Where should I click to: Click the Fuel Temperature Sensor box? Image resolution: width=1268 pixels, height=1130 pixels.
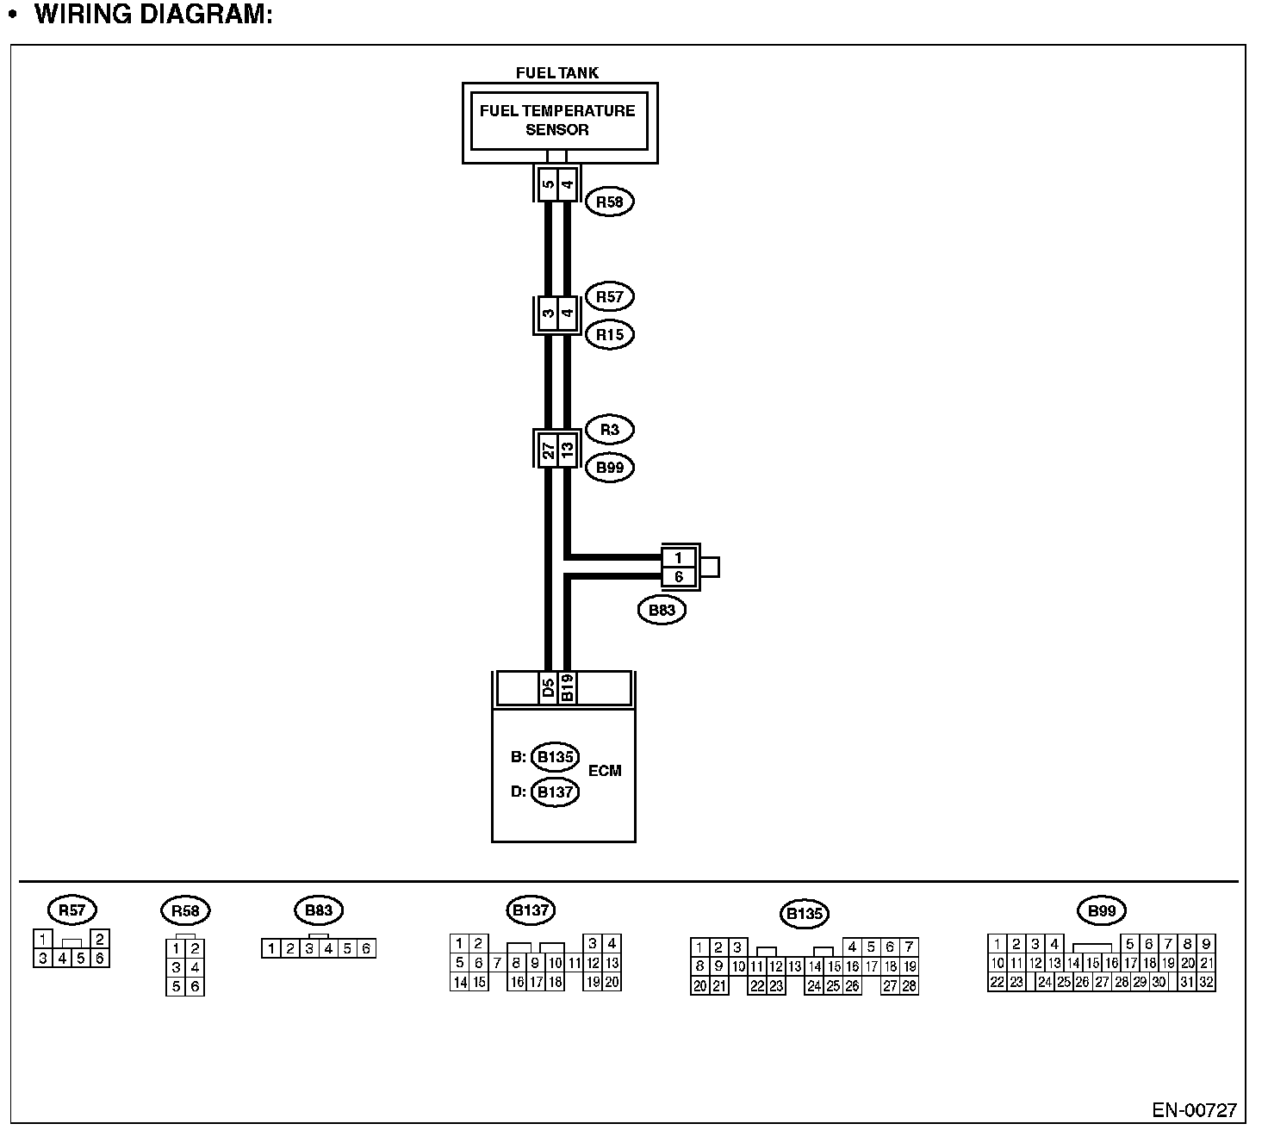(x=558, y=121)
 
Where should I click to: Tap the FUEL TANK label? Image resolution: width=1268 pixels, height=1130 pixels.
(x=556, y=73)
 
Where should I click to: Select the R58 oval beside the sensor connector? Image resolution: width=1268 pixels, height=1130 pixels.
(x=609, y=202)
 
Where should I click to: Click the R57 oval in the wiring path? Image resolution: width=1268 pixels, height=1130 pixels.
(x=609, y=297)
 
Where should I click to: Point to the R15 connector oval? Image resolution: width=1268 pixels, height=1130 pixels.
(x=609, y=334)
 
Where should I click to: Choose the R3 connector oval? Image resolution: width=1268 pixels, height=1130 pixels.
(x=609, y=430)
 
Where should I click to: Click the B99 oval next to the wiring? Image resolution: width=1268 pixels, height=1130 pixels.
(x=609, y=468)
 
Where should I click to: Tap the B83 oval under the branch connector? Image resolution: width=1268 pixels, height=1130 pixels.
(x=662, y=611)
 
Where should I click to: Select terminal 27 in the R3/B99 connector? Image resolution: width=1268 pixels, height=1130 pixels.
(x=548, y=449)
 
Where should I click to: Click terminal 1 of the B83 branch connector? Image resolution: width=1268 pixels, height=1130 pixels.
(x=679, y=557)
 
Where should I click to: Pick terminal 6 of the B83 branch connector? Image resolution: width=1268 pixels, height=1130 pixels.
(x=679, y=577)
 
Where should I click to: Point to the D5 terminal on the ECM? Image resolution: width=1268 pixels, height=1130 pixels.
(x=548, y=689)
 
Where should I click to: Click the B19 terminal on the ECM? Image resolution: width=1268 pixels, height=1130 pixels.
(x=567, y=689)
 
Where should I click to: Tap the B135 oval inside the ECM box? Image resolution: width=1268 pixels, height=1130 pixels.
(x=555, y=757)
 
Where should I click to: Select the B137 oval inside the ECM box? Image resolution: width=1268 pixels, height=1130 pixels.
(x=555, y=792)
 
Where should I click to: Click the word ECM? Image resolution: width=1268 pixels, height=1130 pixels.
(x=604, y=771)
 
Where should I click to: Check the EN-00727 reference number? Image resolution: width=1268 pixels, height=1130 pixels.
(x=1194, y=1109)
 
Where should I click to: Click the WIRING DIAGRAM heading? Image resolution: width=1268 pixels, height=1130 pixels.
(x=153, y=15)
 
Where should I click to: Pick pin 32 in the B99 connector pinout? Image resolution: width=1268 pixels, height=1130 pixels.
(x=1206, y=982)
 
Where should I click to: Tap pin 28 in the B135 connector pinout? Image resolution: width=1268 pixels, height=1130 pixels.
(x=909, y=986)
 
